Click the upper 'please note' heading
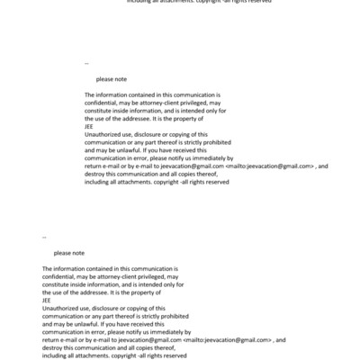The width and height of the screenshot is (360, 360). [112, 79]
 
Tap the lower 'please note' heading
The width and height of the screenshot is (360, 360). [69, 253]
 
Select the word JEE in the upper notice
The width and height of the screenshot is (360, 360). [89, 126]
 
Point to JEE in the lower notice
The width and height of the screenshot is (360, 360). [47, 301]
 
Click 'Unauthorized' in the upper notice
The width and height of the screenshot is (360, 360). [103, 134]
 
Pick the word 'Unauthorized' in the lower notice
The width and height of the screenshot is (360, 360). [62, 309]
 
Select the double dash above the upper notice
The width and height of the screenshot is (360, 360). [86, 63]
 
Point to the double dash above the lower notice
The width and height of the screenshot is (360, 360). [45, 238]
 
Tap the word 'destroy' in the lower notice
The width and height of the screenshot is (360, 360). [54, 348]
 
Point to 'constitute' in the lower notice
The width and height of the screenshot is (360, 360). [58, 284]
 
